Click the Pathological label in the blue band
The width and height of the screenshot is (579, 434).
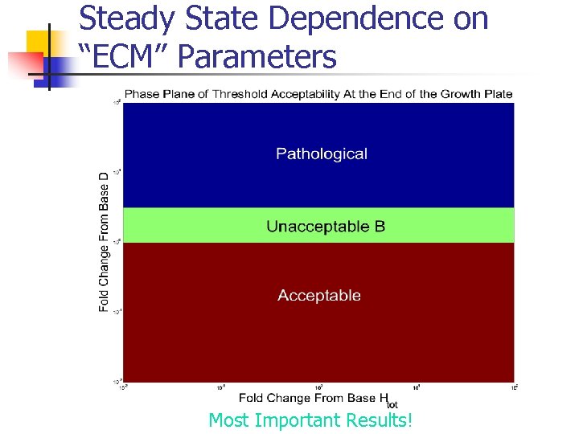coord(321,154)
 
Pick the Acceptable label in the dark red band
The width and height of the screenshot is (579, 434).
coord(319,296)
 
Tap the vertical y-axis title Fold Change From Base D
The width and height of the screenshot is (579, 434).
coord(105,242)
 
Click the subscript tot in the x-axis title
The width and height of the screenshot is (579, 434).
coord(391,404)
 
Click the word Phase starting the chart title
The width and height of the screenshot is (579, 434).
coord(142,94)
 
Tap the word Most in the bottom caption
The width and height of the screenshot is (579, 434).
coord(228,420)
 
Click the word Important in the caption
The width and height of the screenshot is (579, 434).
coord(297,420)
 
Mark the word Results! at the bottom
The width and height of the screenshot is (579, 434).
coord(377,420)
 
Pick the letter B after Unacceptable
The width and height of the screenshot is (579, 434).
coord(380,227)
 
